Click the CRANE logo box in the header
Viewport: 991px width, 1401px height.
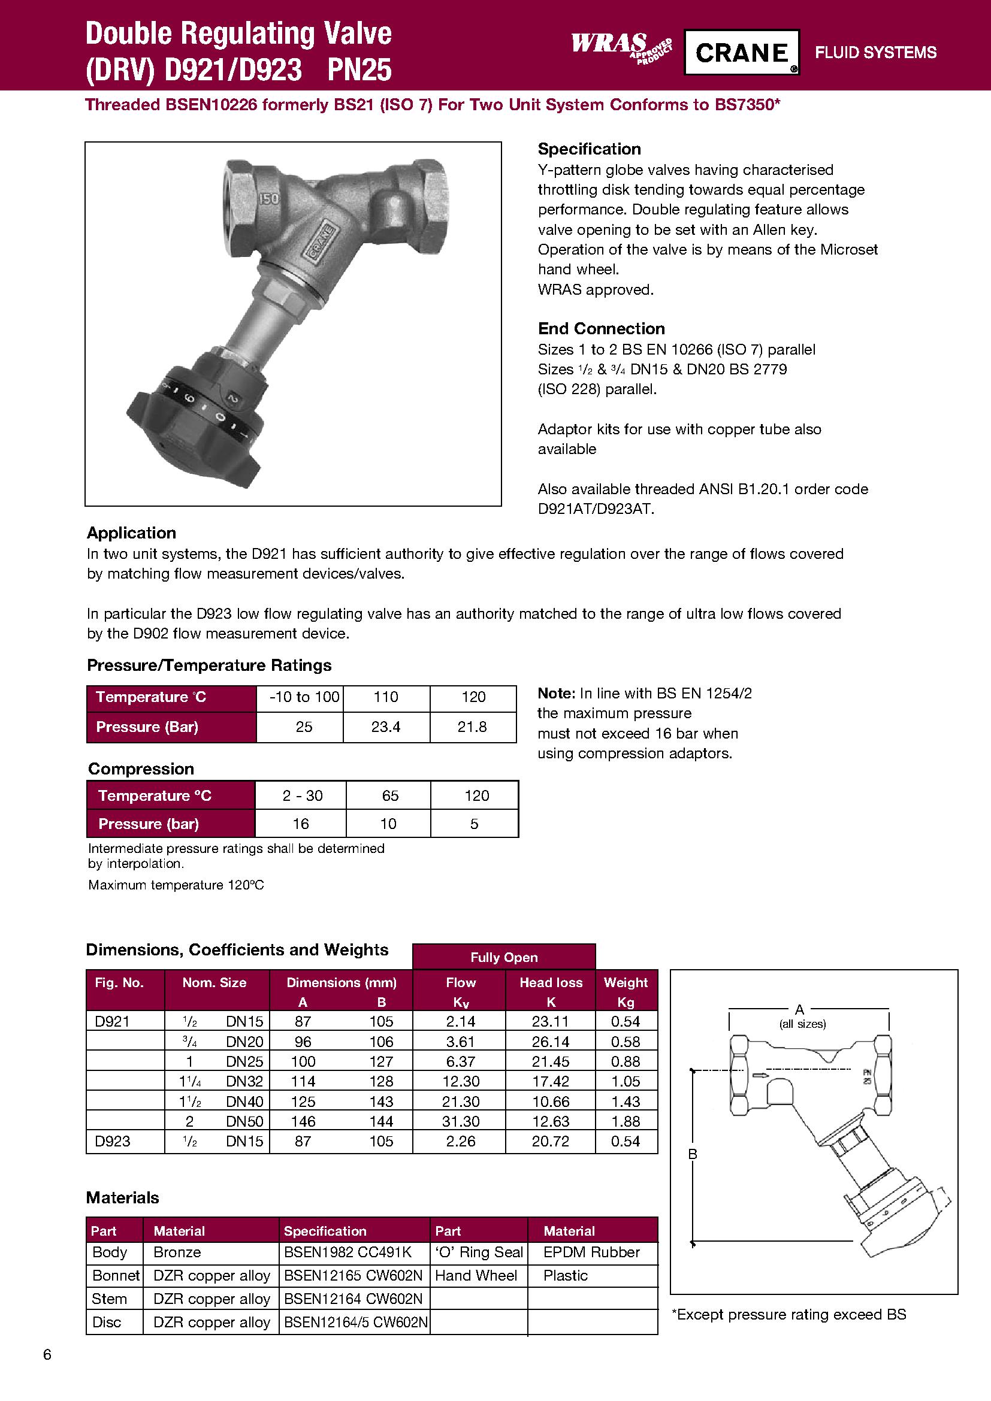click(x=741, y=53)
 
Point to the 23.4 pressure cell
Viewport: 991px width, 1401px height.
click(x=386, y=727)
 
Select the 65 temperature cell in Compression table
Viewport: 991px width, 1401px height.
click(x=389, y=795)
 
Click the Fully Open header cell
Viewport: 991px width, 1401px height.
click(x=503, y=957)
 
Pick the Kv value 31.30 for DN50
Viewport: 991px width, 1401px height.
click(x=460, y=1121)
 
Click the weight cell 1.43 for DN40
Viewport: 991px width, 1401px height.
click(x=626, y=1101)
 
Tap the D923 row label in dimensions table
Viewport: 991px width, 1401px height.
click(x=112, y=1140)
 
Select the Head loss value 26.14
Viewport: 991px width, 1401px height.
click(x=550, y=1041)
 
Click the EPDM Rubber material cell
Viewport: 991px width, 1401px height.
click(x=591, y=1251)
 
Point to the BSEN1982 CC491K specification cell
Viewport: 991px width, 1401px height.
click(x=348, y=1251)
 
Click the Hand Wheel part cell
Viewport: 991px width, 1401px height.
click(x=476, y=1275)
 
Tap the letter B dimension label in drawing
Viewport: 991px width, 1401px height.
click(x=693, y=1153)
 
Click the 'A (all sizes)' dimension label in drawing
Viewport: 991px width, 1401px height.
click(x=800, y=1016)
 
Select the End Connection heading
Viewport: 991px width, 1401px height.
click(x=601, y=328)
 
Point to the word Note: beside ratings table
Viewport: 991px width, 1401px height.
click(x=556, y=693)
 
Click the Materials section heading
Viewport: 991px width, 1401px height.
click(x=123, y=1197)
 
